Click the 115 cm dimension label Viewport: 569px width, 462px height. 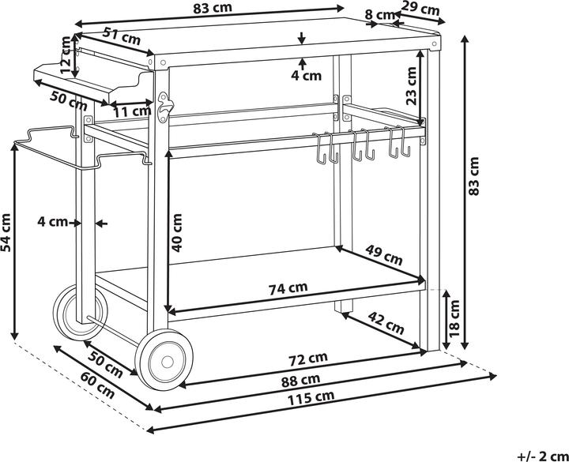pyautogui.click(x=311, y=398)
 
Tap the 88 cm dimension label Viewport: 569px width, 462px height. pyautogui.click(x=301, y=380)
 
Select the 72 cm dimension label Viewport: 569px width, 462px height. pyautogui.click(x=308, y=359)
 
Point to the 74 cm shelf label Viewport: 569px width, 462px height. pyautogui.click(x=288, y=288)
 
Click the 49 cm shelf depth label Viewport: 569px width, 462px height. pyautogui.click(x=384, y=255)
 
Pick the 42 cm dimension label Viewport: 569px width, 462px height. pyautogui.click(x=386, y=323)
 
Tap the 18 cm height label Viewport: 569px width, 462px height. pyautogui.click(x=454, y=318)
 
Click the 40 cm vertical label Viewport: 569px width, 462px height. pyautogui.click(x=176, y=233)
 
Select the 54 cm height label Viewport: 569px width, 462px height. pyautogui.click(x=6, y=233)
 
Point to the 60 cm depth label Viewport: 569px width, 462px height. pyautogui.click(x=98, y=386)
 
